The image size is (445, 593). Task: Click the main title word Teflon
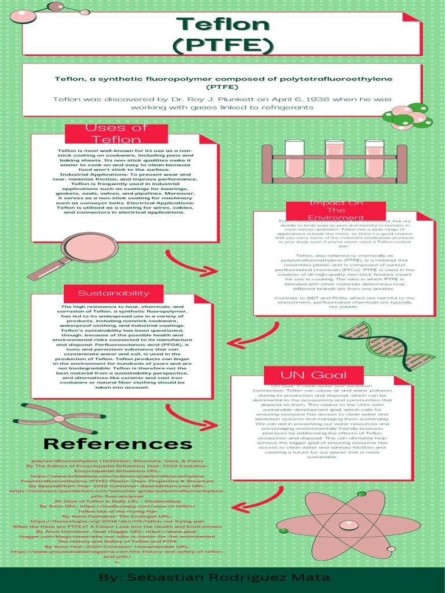pyautogui.click(x=223, y=24)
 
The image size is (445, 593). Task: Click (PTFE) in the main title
pyautogui.click(x=223, y=45)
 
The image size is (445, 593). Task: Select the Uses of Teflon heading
pyautogui.click(x=116, y=134)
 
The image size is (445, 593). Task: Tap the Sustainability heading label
pyautogui.click(x=114, y=293)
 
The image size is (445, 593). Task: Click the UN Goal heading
pyautogui.click(x=305, y=375)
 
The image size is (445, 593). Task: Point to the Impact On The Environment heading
pyautogui.click(x=336, y=210)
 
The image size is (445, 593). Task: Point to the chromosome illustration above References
pyautogui.click(x=59, y=418)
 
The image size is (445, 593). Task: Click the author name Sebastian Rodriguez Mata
pyautogui.click(x=214, y=578)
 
